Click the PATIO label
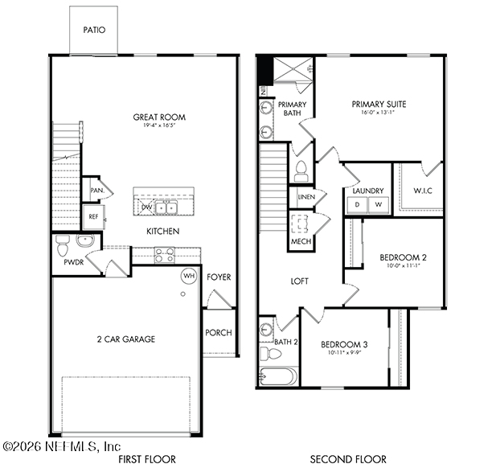(x=94, y=31)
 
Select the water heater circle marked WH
(x=188, y=276)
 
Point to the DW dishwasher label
(x=146, y=207)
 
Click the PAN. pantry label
(x=96, y=191)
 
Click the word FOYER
(x=219, y=277)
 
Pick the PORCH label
(x=219, y=333)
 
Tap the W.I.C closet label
(x=424, y=191)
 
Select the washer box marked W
(x=378, y=205)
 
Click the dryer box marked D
(x=357, y=205)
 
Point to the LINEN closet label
(x=305, y=197)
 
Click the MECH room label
(x=301, y=240)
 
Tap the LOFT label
(x=300, y=281)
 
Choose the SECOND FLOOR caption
(x=348, y=459)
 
